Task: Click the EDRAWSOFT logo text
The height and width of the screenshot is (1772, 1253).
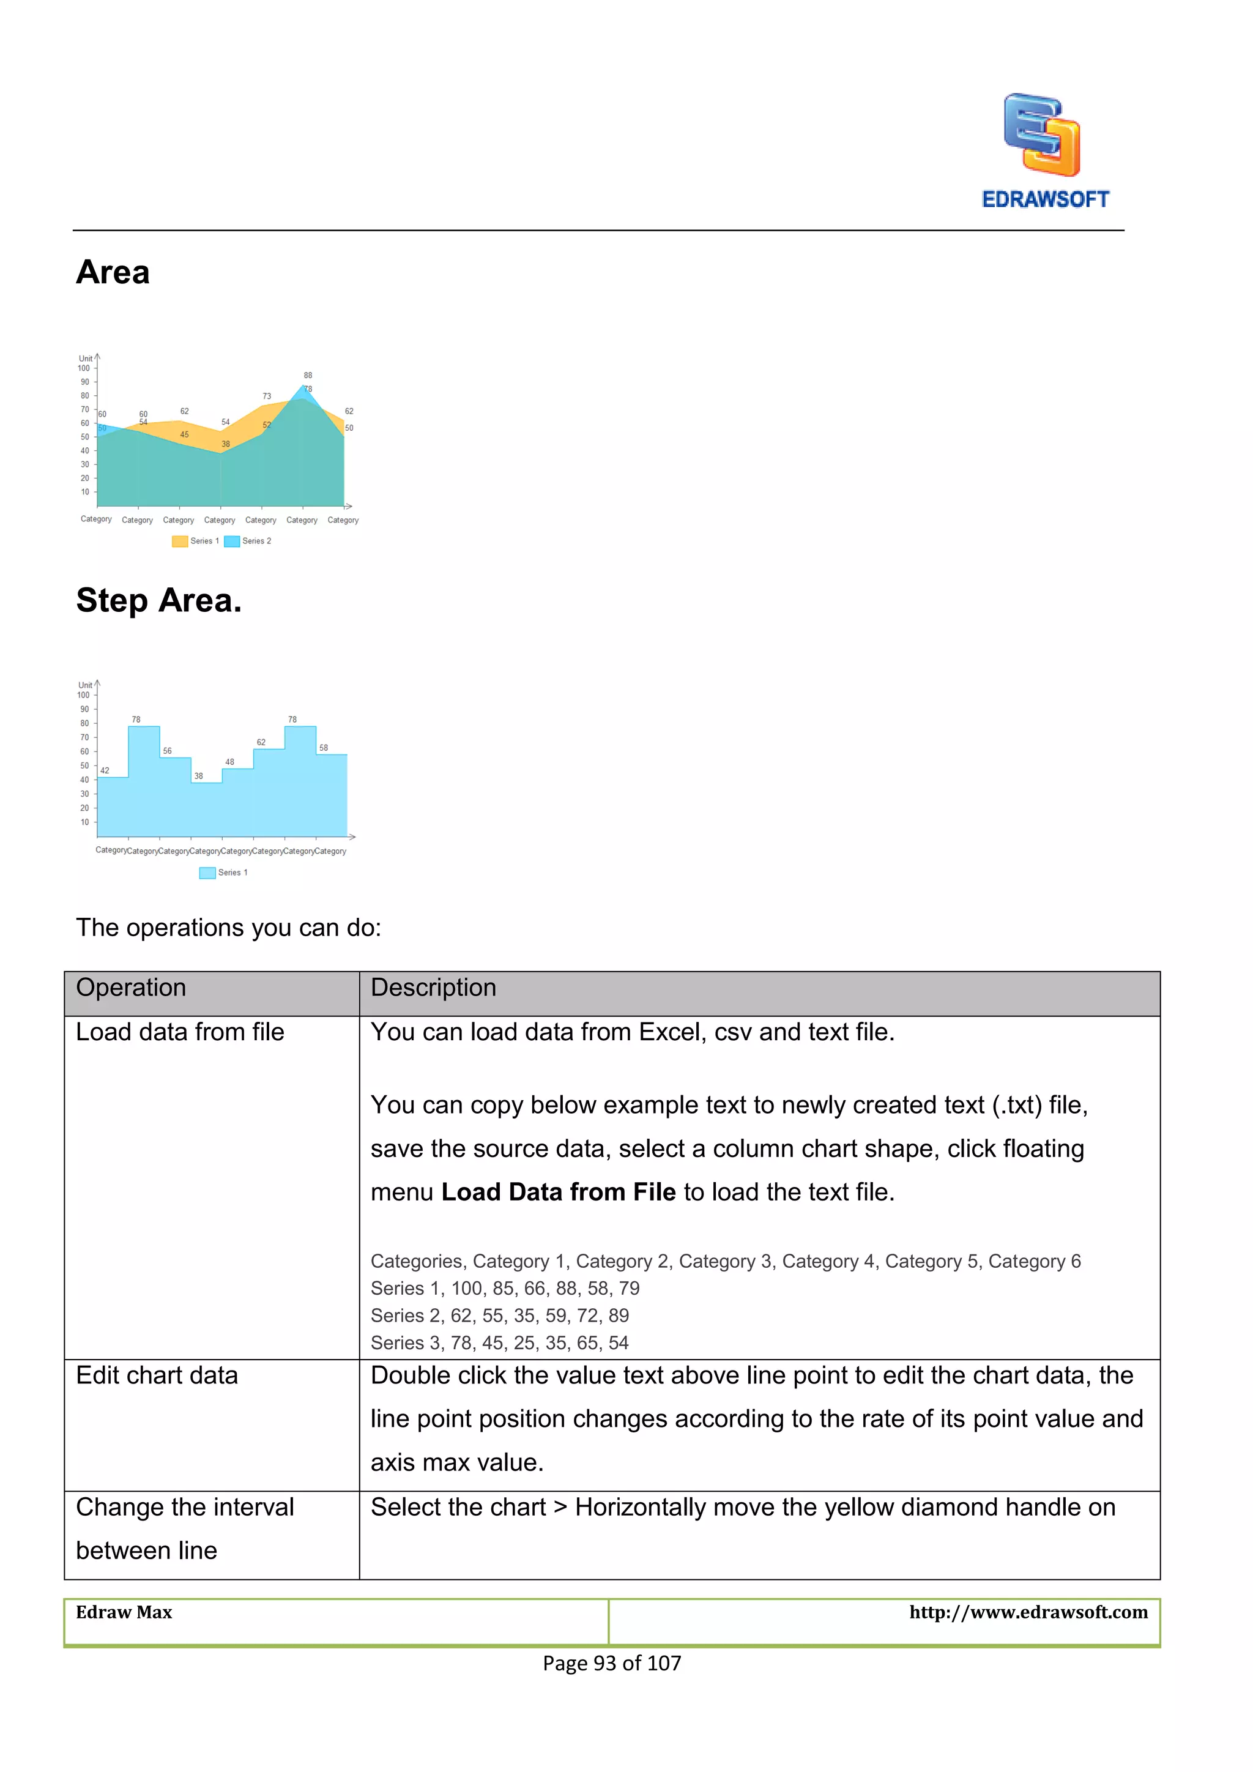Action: coord(1045,199)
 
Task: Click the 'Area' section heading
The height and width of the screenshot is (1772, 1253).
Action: coord(113,272)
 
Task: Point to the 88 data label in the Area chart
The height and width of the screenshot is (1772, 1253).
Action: coord(308,375)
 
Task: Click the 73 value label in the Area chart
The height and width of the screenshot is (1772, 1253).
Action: coord(267,396)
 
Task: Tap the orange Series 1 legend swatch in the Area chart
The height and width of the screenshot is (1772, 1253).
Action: coord(180,541)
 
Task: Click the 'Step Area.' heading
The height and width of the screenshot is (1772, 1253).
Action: coord(159,600)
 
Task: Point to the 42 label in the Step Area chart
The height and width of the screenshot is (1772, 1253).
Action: coord(105,770)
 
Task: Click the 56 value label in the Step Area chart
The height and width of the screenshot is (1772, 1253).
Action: coord(168,750)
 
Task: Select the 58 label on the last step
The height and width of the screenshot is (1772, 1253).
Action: coord(323,747)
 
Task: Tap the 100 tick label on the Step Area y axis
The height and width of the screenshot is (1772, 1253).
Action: coord(83,694)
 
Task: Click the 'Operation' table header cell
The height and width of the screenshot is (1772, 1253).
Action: coord(131,987)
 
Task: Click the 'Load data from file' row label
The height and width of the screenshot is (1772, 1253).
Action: coord(180,1032)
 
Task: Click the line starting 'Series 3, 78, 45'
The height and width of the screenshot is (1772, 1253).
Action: coord(499,1343)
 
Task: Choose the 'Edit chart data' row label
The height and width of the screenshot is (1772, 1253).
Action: coord(157,1376)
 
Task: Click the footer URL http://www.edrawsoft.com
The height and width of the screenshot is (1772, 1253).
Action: coord(1028,1612)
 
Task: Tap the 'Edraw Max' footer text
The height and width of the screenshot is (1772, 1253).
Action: coord(124,1612)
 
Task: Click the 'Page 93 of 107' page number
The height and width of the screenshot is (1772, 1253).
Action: coord(612,1663)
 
